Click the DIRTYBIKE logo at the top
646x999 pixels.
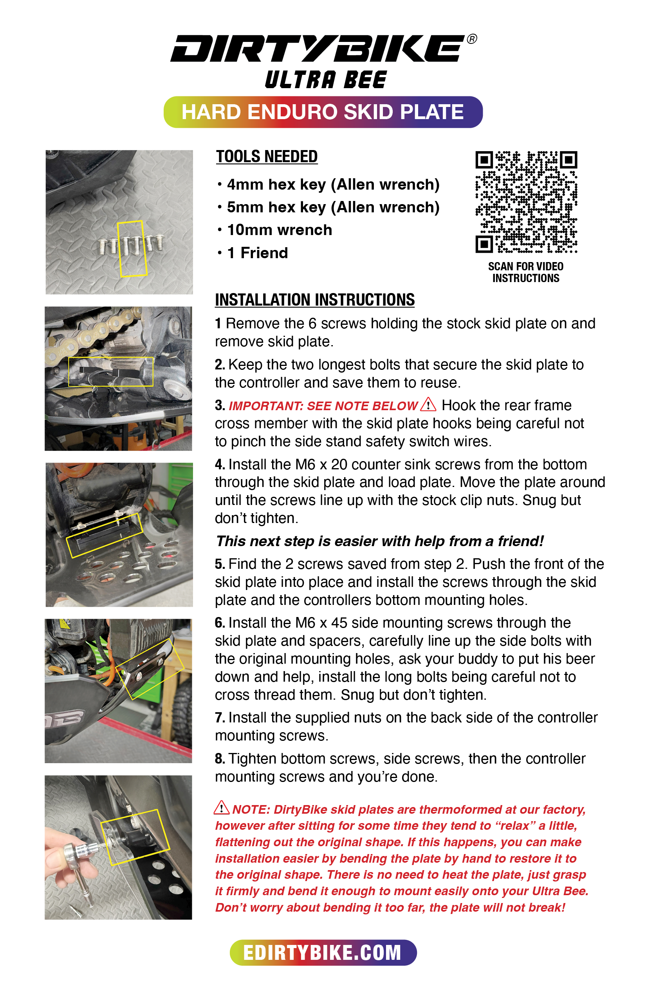pos(318,48)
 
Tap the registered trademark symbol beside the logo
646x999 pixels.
pos(472,39)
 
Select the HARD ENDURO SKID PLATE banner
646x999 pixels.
pos(323,112)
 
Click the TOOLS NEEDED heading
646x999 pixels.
pos(267,157)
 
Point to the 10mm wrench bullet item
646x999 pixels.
pos(280,230)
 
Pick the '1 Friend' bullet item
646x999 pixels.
pos(257,253)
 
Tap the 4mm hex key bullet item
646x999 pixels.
pos(333,185)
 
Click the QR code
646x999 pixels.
pos(526,202)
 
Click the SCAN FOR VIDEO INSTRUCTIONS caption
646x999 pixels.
pos(525,272)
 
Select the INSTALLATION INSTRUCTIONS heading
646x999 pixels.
pos(315,300)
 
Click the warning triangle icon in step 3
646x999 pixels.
pos(428,405)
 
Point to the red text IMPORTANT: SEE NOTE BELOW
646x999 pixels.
pos(323,406)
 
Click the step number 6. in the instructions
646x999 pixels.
pos(220,623)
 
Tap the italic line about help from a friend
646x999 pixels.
pos(380,541)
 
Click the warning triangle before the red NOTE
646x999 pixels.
pos(222,807)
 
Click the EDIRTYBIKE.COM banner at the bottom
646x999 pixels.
pos(323,952)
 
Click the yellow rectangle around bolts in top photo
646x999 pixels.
pos(132,248)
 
